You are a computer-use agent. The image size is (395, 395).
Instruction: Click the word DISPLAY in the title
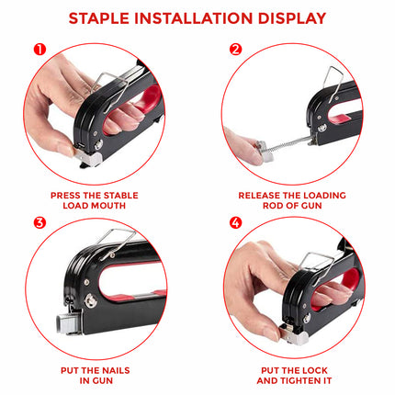289,18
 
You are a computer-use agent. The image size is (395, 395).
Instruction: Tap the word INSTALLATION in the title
196,18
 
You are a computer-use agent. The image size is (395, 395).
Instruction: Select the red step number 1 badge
39,49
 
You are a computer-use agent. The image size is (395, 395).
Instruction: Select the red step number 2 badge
235,49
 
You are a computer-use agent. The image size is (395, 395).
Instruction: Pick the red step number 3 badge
39,222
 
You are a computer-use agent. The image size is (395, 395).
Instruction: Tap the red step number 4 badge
235,222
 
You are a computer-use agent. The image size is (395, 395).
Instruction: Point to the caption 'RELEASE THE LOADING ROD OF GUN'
296,200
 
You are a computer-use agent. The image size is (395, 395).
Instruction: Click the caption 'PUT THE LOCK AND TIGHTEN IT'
296,375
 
